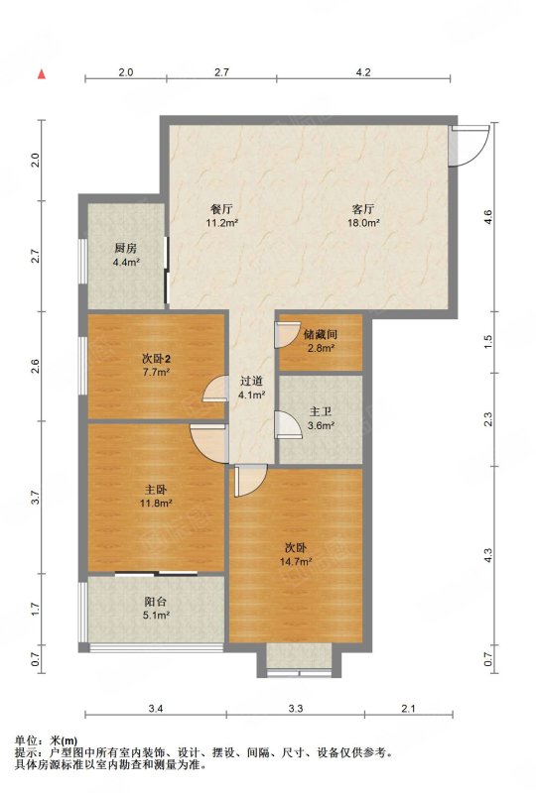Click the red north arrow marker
click(x=42, y=73)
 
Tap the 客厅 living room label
click(x=363, y=209)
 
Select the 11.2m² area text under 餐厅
click(x=222, y=222)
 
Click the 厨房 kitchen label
click(x=126, y=249)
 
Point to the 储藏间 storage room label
click(x=321, y=335)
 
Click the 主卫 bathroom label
click(x=321, y=412)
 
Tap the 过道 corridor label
click(x=252, y=382)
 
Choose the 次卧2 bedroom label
click(x=156, y=360)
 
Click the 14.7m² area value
click(x=296, y=561)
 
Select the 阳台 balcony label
click(x=156, y=602)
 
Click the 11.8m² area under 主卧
click(x=156, y=504)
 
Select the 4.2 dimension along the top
click(x=363, y=72)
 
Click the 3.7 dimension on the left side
click(x=35, y=498)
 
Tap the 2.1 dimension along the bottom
click(x=408, y=709)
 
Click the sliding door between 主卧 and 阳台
click(x=156, y=574)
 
